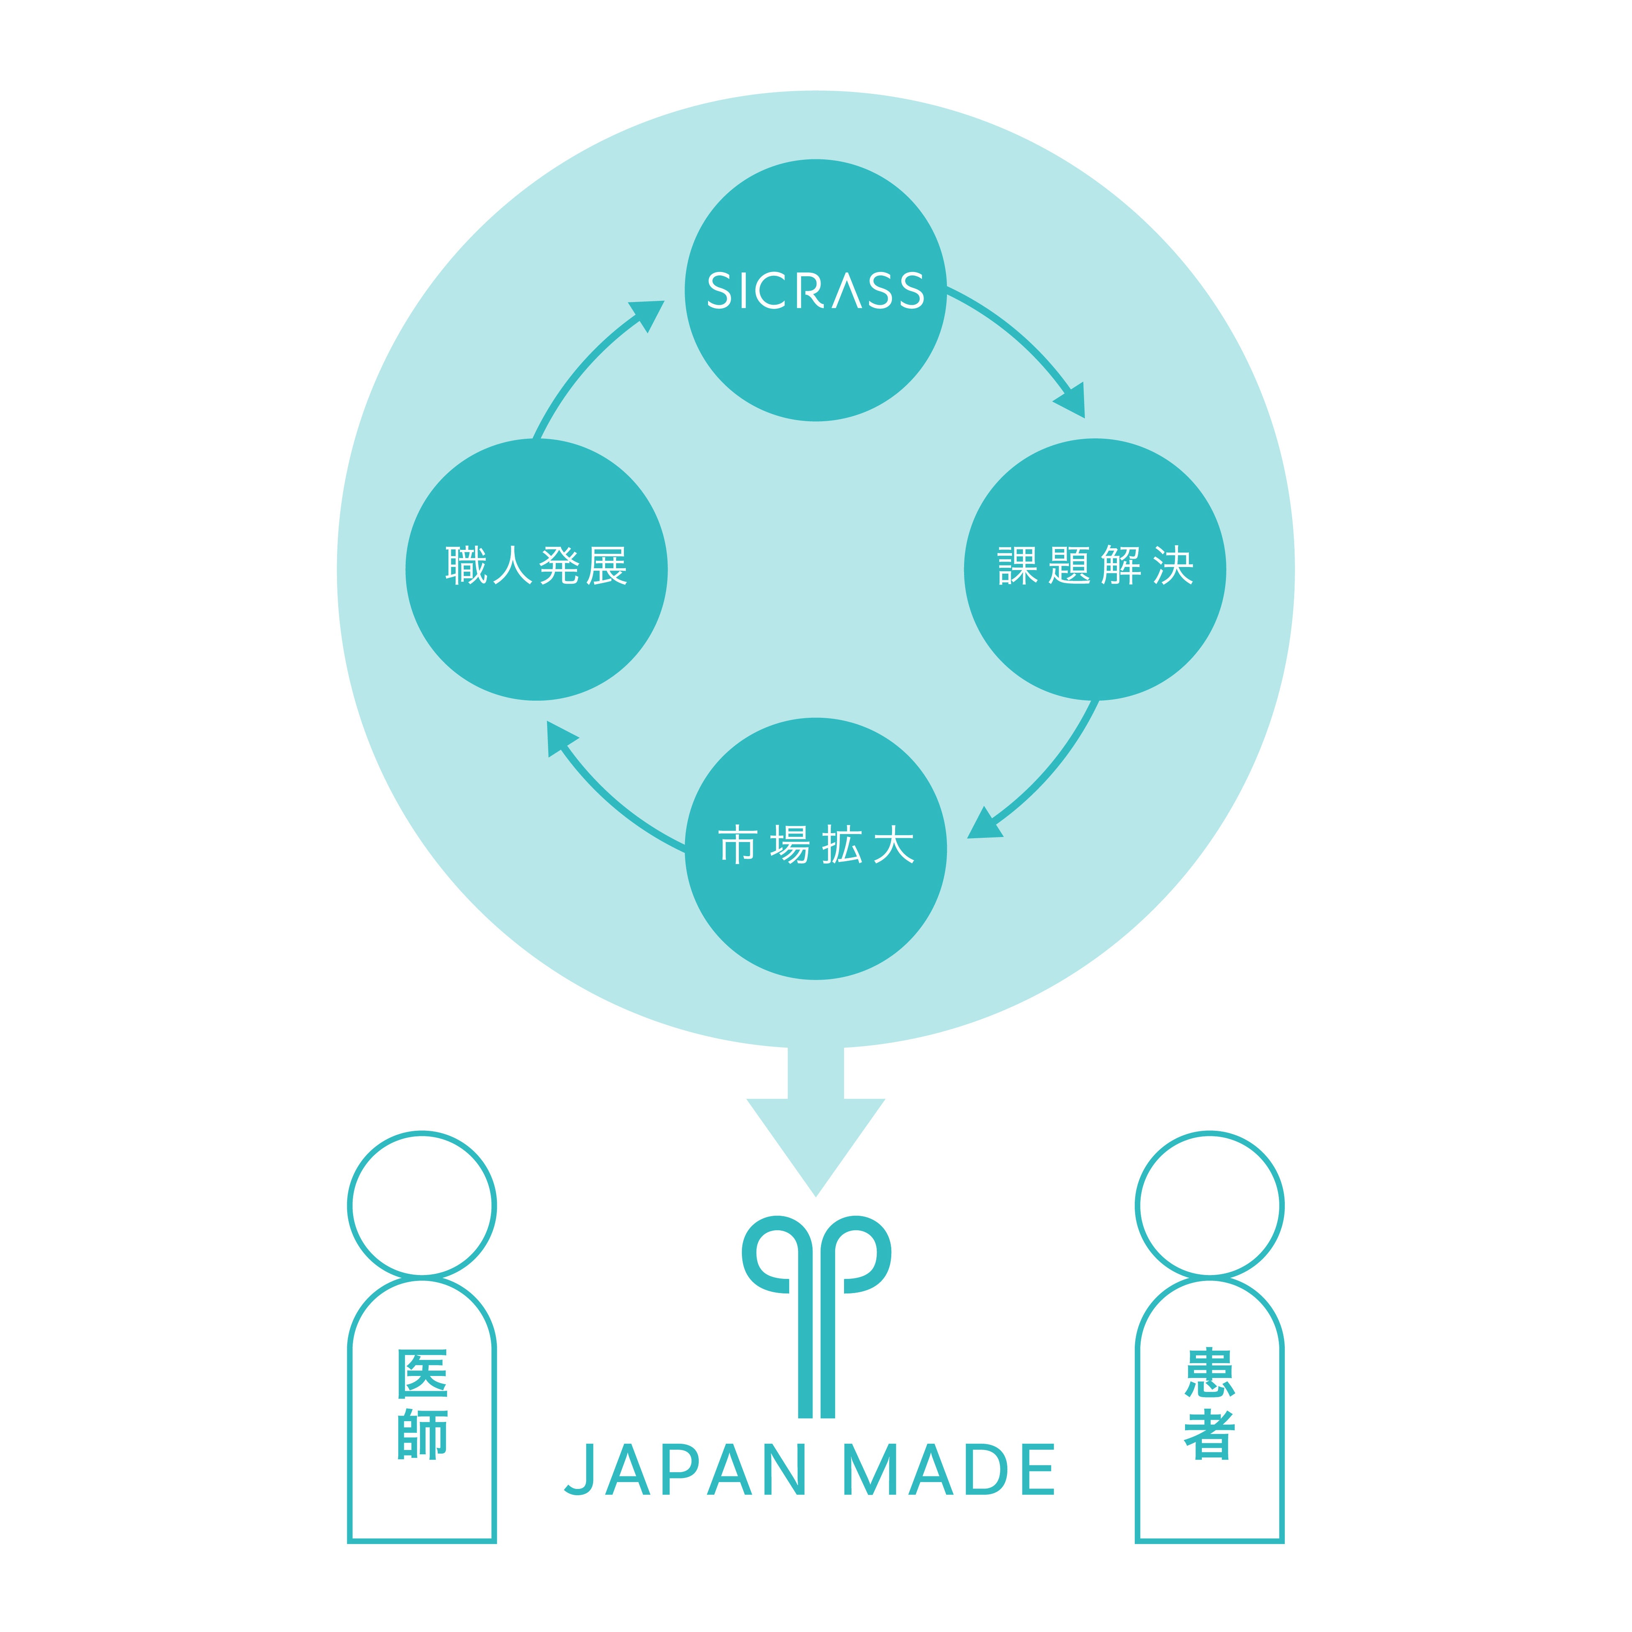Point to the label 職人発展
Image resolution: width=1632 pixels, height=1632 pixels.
(536, 566)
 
